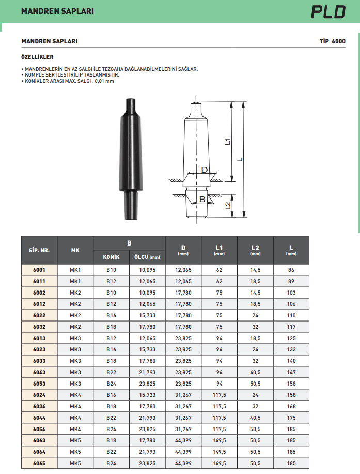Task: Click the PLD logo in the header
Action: pyautogui.click(x=328, y=11)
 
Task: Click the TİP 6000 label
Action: pyautogui.click(x=333, y=41)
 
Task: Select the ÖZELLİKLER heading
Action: pyautogui.click(x=37, y=57)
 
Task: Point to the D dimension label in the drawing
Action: pyautogui.click(x=204, y=170)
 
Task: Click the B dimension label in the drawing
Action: pyautogui.click(x=202, y=199)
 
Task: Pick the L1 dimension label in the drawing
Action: pyautogui.click(x=228, y=141)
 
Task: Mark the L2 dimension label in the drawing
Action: pyautogui.click(x=228, y=205)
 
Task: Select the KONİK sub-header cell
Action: pyautogui.click(x=111, y=257)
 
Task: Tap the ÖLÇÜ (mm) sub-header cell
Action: pyautogui.click(x=147, y=257)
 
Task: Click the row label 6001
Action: pyautogui.click(x=39, y=270)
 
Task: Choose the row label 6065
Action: pyautogui.click(x=39, y=463)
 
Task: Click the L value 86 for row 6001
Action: pyautogui.click(x=291, y=270)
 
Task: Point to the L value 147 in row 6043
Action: pyautogui.click(x=291, y=372)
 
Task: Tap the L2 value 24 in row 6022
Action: pyautogui.click(x=255, y=315)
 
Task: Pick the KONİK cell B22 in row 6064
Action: pyautogui.click(x=111, y=452)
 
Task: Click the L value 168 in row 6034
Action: pyautogui.click(x=291, y=406)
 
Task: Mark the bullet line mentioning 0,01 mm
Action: pyautogui.click(x=69, y=81)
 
